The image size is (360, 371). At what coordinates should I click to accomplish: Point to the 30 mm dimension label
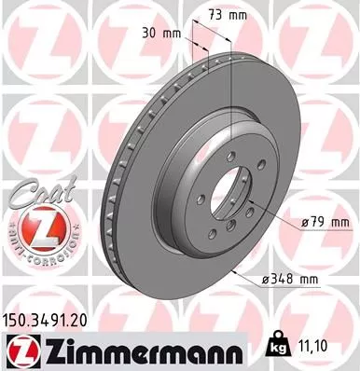point(159,33)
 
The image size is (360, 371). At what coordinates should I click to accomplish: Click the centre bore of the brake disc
point(229,197)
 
